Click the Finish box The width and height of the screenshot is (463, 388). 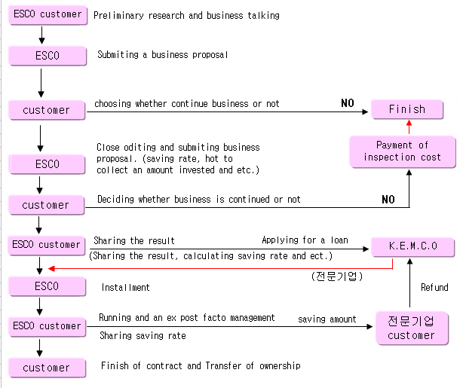point(407,109)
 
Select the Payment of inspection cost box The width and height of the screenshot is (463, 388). point(403,151)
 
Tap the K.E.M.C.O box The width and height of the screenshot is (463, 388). point(412,246)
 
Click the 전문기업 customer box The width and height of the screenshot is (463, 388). point(412,328)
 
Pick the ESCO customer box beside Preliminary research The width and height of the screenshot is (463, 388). point(47,14)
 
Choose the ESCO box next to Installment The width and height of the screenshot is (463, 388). point(47,287)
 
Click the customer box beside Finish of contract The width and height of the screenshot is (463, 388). point(46,368)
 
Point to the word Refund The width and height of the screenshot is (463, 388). point(434,287)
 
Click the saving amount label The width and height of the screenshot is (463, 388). point(327,319)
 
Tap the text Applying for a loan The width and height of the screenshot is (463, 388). point(305,240)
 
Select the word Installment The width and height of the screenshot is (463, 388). point(125,287)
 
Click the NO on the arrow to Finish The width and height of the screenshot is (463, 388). point(347,103)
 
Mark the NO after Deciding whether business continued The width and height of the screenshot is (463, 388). point(388,200)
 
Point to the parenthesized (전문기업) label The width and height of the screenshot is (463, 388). point(337,276)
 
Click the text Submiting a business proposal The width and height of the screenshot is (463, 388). point(162,55)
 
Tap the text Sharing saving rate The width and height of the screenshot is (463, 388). point(143,336)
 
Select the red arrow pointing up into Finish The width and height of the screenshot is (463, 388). point(409,127)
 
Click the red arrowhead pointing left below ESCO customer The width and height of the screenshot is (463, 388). point(51,267)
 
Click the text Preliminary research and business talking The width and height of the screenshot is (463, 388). point(186,15)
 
